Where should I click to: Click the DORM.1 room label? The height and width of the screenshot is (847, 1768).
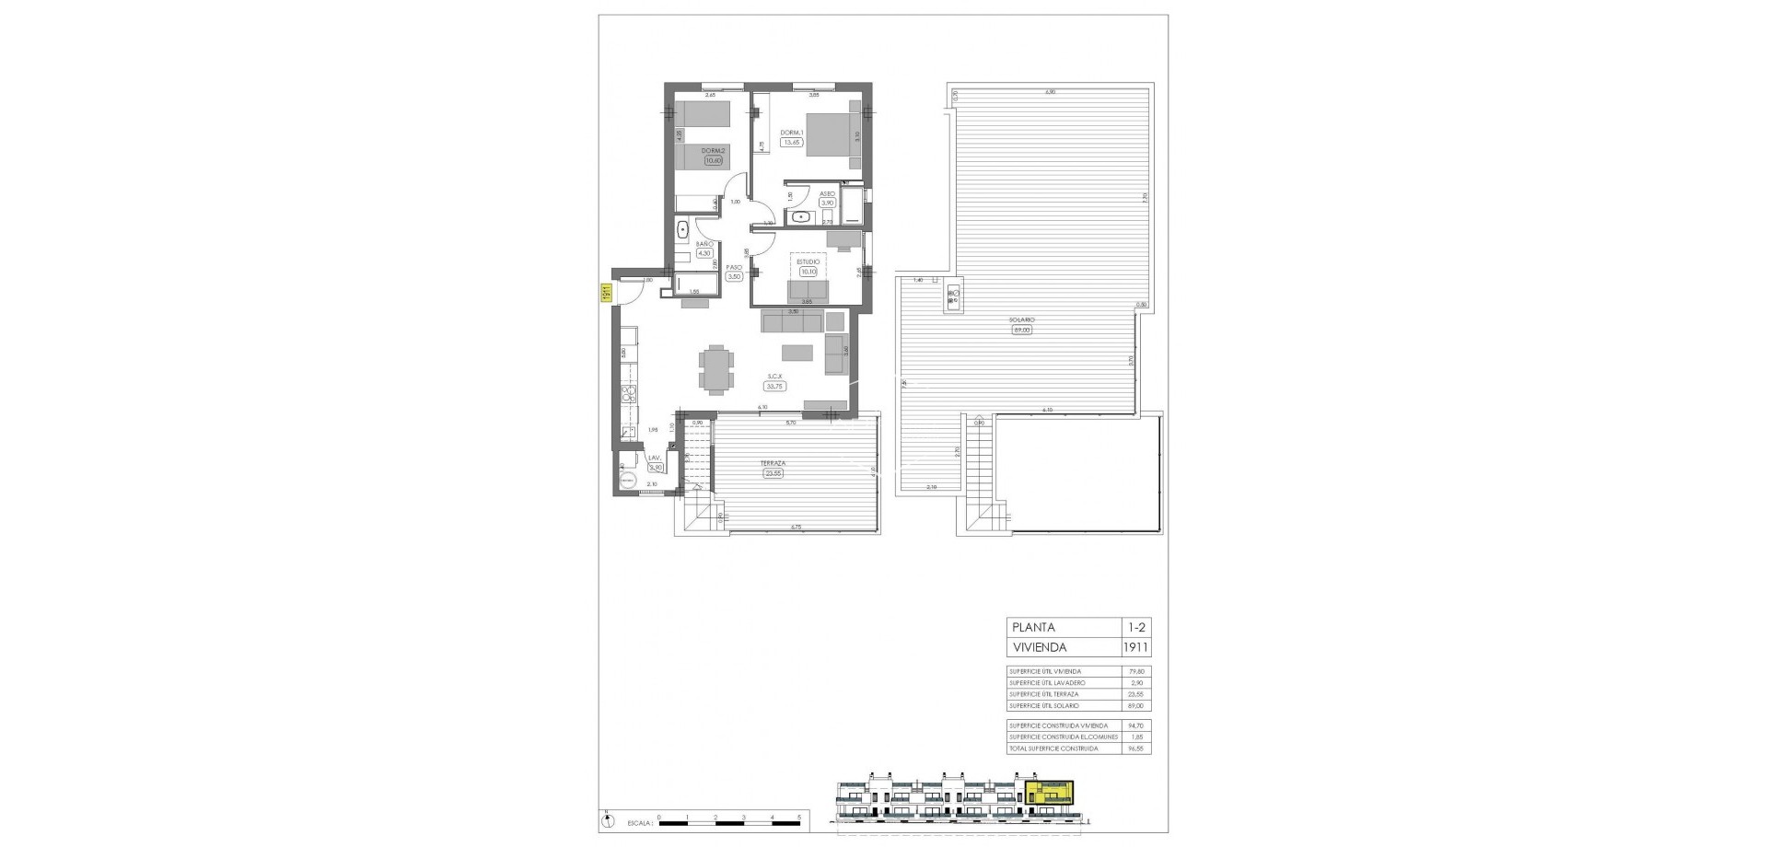tap(792, 133)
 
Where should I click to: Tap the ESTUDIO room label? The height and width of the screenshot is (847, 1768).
tap(808, 261)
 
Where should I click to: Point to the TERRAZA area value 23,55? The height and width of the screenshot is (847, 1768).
tap(773, 474)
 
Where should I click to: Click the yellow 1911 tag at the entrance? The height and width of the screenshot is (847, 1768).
tap(608, 294)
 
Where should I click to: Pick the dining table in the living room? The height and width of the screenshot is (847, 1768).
tap(716, 368)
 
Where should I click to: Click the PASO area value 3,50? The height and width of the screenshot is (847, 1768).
tap(734, 276)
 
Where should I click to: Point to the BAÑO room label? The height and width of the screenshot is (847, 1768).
tap(704, 244)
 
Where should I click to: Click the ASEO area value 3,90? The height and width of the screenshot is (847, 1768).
tap(827, 203)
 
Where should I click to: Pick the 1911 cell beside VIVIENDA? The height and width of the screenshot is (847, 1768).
tap(1135, 647)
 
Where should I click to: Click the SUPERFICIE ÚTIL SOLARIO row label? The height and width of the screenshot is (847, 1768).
tap(1045, 705)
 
